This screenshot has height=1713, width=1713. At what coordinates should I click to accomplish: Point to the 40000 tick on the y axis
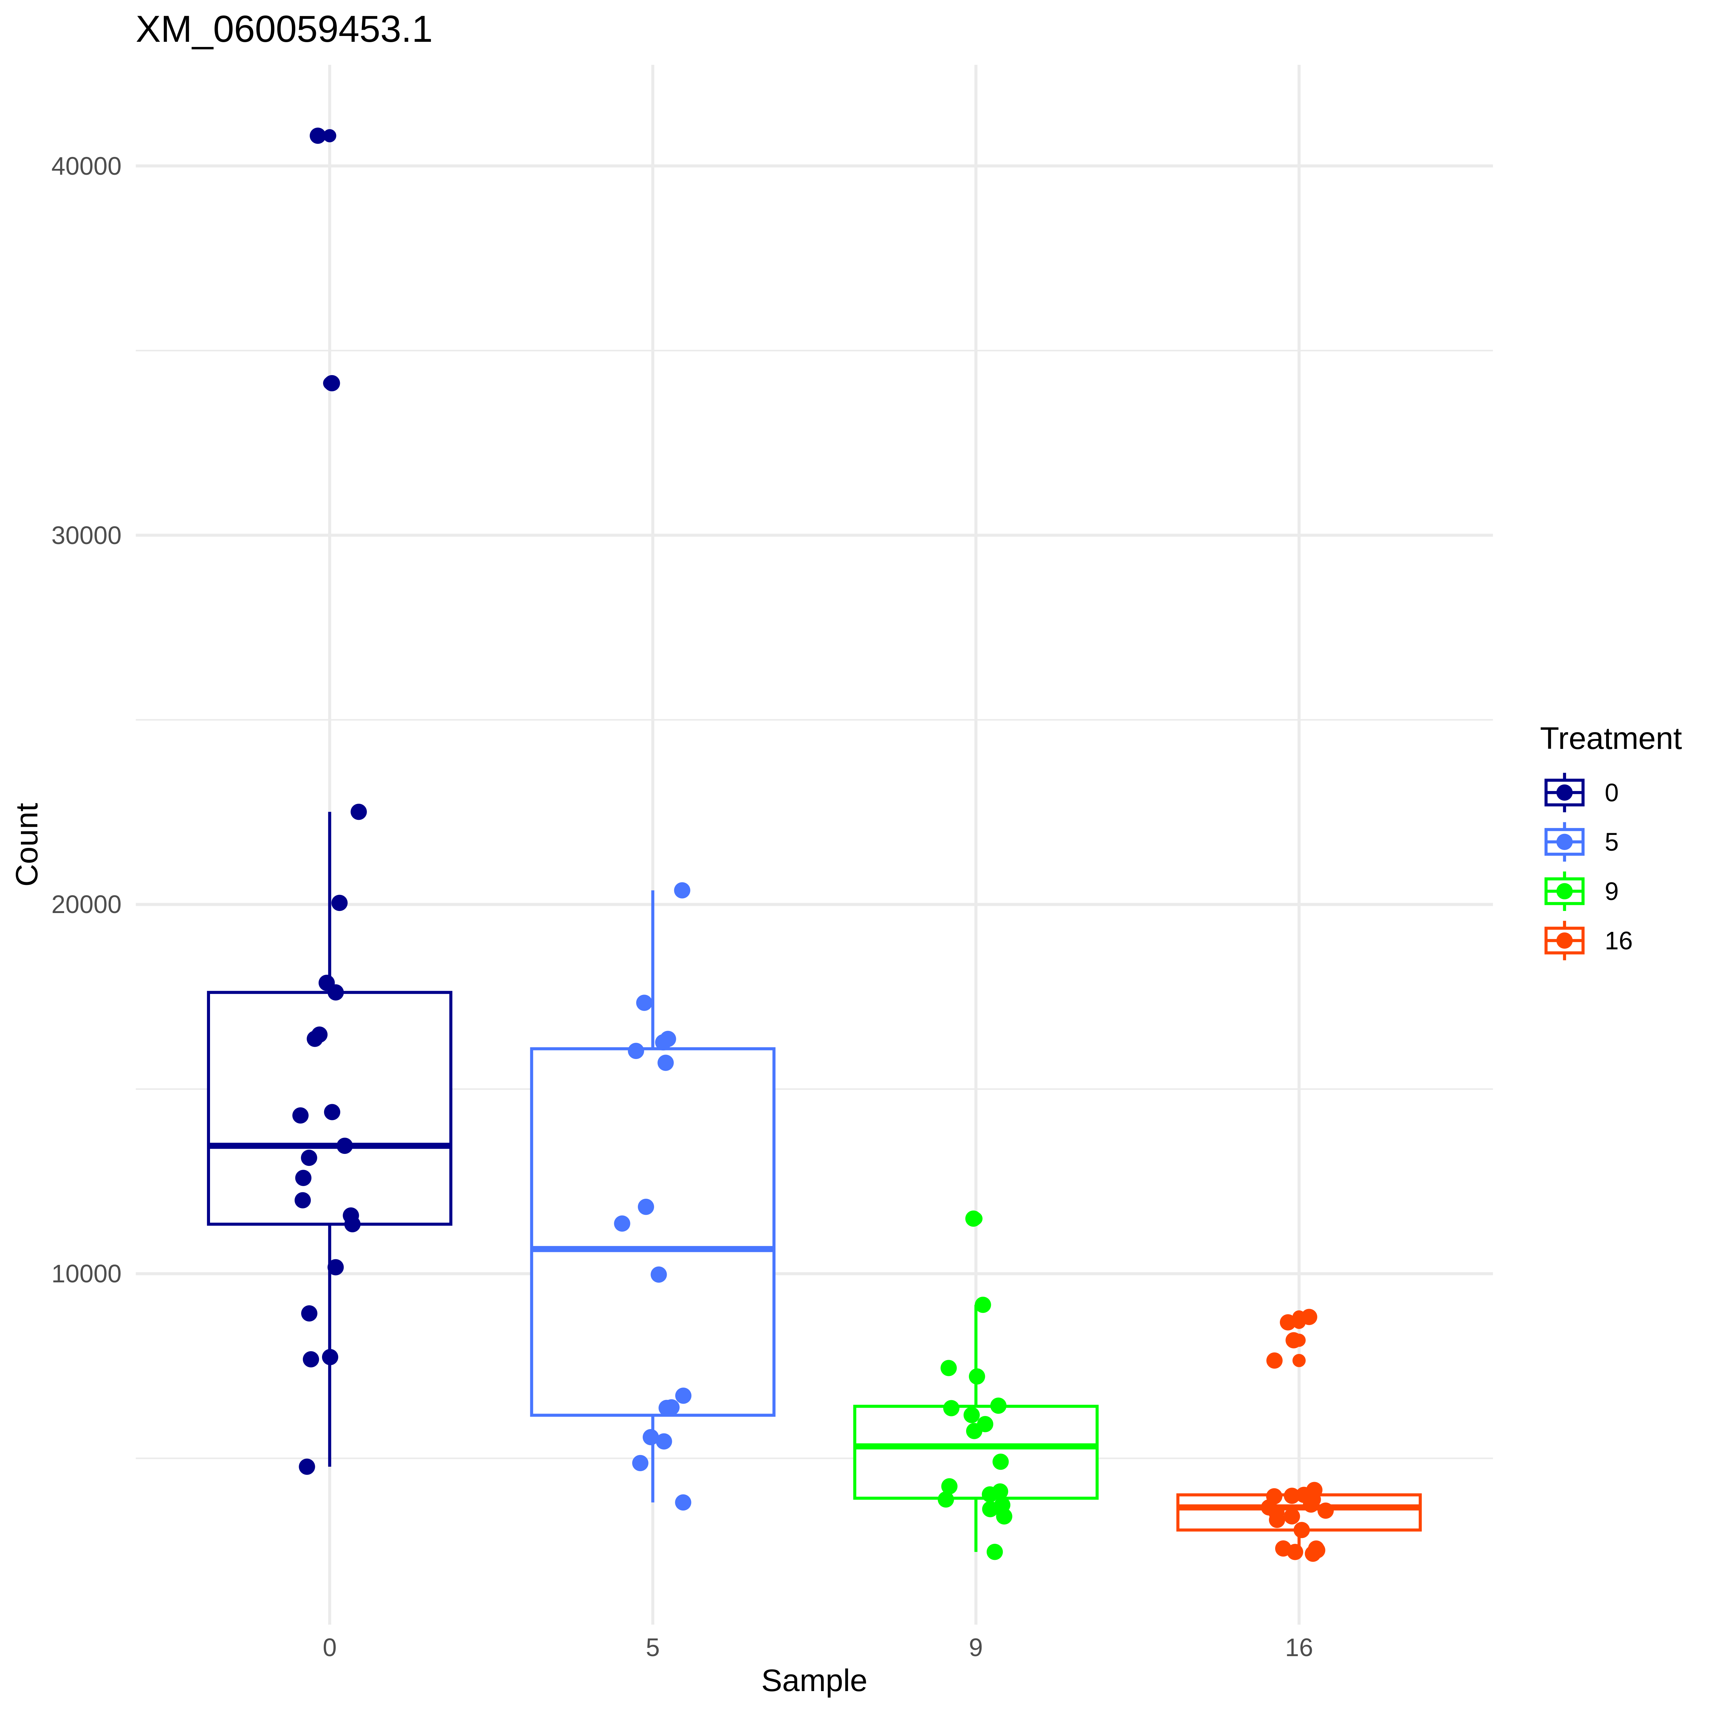(x=86, y=167)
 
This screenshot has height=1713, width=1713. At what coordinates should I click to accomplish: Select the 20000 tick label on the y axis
(x=86, y=905)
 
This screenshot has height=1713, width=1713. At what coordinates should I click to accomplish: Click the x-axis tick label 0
(x=330, y=1648)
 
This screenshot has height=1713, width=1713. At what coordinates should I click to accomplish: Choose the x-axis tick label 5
(x=653, y=1648)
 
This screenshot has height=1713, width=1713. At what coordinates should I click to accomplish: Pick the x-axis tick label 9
(x=975, y=1648)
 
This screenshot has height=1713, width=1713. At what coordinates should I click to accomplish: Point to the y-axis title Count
(x=27, y=844)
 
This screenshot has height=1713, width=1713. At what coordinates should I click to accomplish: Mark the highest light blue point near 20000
(x=682, y=890)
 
